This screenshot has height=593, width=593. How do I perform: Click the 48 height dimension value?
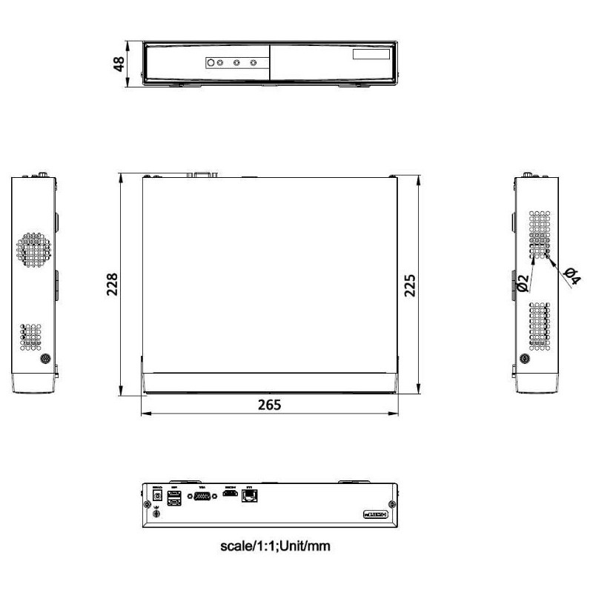click(x=118, y=64)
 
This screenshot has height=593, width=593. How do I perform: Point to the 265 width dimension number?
click(x=270, y=405)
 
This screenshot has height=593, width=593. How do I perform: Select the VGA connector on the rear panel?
click(x=200, y=497)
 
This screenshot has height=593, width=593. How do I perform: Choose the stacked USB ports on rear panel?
click(x=175, y=497)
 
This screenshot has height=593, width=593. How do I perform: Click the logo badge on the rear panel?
click(x=377, y=514)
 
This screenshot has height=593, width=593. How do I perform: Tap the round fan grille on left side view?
click(x=35, y=250)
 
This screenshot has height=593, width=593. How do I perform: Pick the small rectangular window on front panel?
click(x=371, y=56)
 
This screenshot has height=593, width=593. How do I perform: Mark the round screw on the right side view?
click(x=526, y=359)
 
